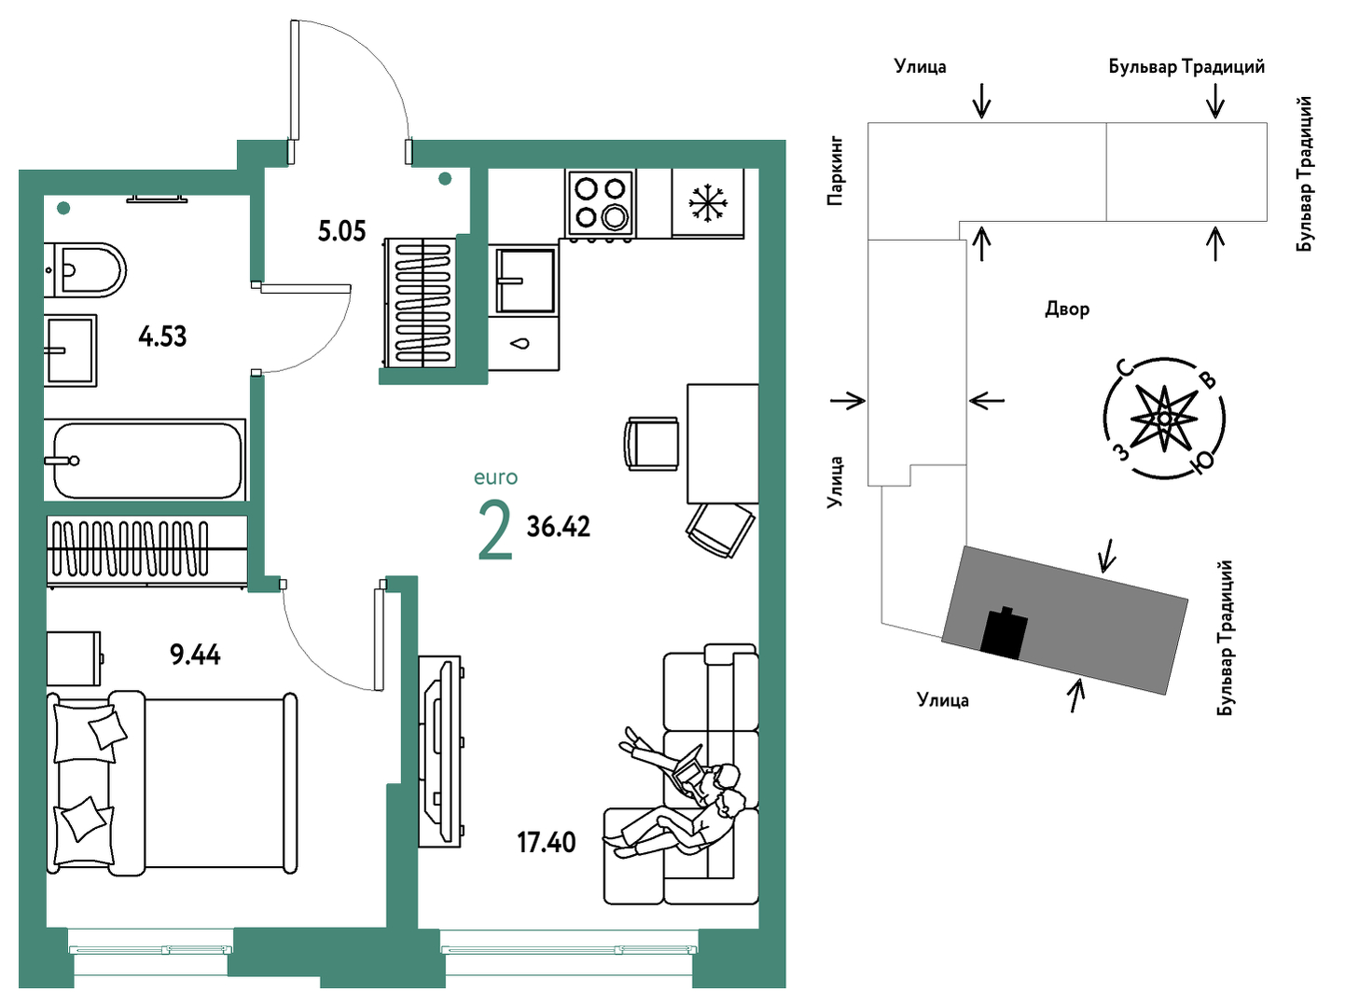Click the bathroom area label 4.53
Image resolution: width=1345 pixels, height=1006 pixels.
click(162, 337)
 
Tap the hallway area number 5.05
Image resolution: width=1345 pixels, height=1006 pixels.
click(342, 231)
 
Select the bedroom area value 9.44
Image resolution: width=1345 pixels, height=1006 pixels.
click(196, 655)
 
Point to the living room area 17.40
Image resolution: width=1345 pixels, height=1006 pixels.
click(547, 843)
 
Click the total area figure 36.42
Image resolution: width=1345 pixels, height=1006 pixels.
click(558, 527)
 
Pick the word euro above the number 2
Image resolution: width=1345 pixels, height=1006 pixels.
click(495, 477)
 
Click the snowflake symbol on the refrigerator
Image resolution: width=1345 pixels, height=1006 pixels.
click(708, 202)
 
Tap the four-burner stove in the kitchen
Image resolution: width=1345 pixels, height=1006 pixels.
click(602, 203)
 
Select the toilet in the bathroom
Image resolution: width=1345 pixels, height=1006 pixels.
click(85, 270)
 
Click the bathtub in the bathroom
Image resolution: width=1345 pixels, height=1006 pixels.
click(146, 460)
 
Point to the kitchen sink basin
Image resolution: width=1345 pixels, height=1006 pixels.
click(526, 281)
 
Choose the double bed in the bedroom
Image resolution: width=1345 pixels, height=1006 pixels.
click(173, 784)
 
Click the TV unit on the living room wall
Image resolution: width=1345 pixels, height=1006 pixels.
click(440, 751)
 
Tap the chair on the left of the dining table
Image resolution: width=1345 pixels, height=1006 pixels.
click(652, 444)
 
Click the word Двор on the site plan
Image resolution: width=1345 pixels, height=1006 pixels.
click(1067, 310)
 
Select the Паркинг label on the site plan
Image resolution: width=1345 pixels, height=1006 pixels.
click(835, 171)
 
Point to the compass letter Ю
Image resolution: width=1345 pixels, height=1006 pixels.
click(1202, 462)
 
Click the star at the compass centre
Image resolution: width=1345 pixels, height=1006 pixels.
click(1164, 419)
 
